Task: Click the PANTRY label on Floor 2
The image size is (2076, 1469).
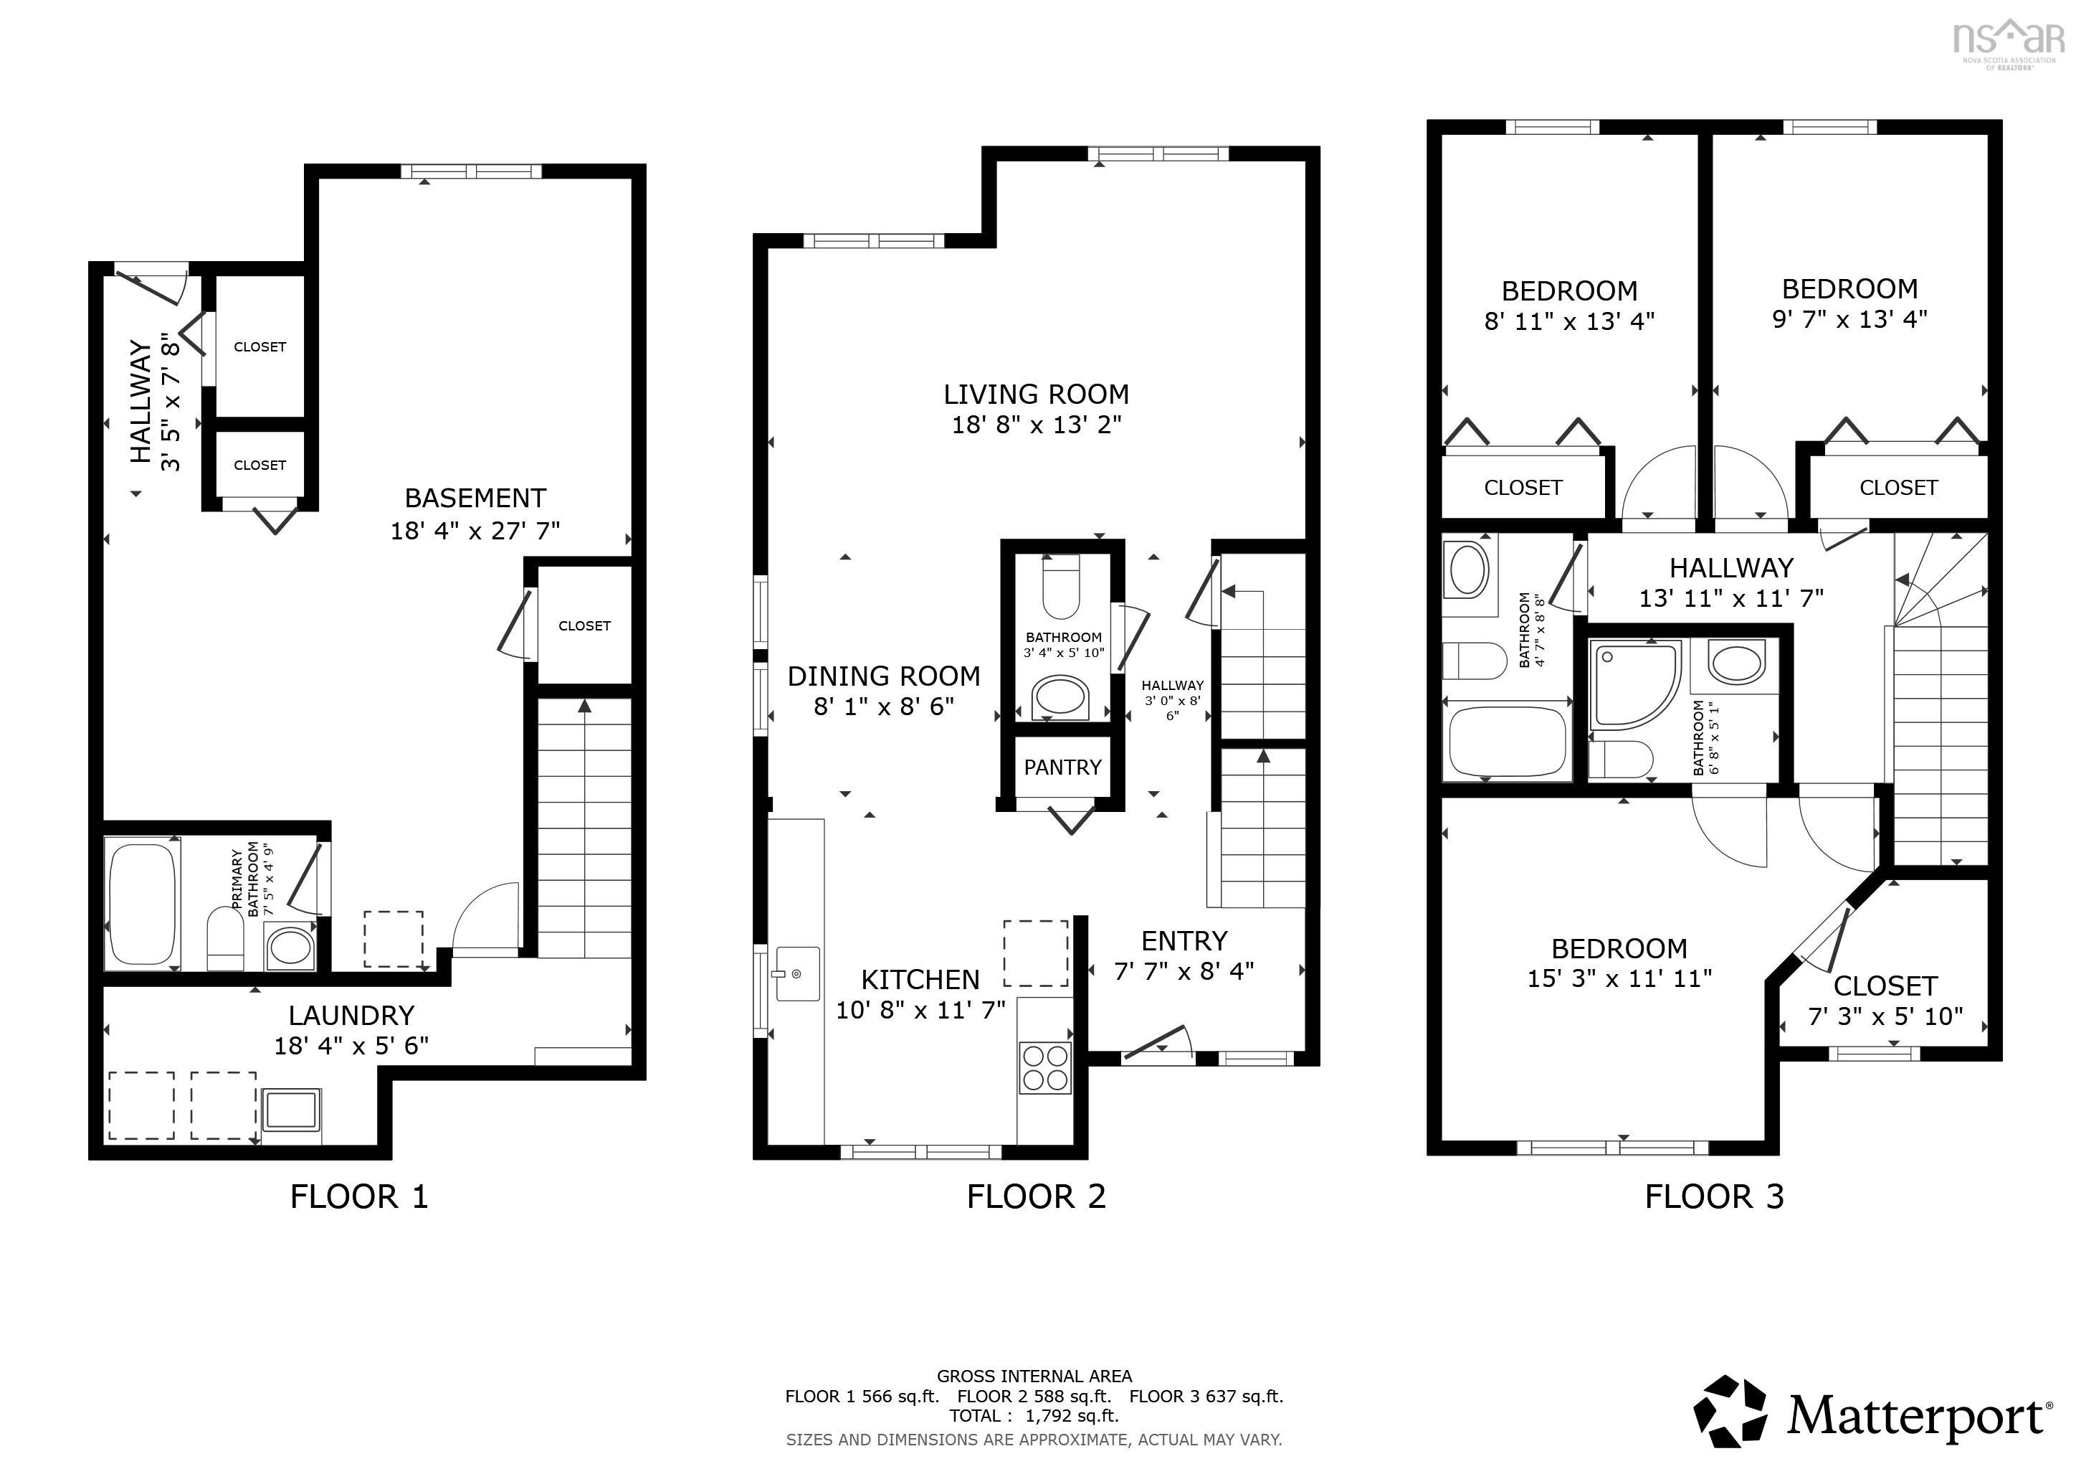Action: point(1062,767)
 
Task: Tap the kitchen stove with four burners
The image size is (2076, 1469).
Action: point(1045,1067)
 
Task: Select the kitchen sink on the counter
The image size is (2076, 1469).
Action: point(796,973)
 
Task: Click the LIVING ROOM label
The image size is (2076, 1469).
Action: point(1036,395)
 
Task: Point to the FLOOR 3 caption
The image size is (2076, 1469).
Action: point(1714,1196)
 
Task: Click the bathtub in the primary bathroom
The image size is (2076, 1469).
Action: point(142,904)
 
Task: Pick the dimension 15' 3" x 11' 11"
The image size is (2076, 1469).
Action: point(1619,978)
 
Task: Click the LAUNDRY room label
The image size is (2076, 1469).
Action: point(351,1015)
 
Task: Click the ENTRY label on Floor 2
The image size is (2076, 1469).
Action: point(1184,942)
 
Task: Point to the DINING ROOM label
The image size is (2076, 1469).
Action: point(883,676)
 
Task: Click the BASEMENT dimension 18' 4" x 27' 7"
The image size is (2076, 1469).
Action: point(475,530)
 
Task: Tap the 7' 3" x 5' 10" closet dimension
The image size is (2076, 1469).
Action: point(1885,1016)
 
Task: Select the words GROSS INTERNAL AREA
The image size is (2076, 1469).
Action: point(1034,1376)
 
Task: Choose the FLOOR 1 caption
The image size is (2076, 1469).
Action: point(359,1196)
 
